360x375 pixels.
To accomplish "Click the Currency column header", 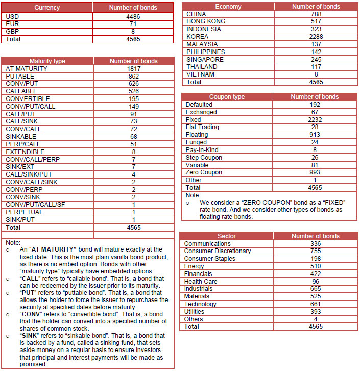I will pos(47,8).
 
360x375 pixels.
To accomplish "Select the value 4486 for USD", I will pos(133,16).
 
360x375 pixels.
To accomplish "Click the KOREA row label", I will pos(197,37).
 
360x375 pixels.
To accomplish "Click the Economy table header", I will pos(228,6).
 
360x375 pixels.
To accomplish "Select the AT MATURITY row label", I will pos(27,68).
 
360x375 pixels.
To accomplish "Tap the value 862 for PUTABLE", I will pos(133,76).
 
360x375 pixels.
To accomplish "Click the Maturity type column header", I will pos(47,61).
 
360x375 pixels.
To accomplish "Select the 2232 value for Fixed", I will pos(315,119).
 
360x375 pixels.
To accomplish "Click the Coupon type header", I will pos(227,96).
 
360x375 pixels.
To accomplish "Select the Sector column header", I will pos(227,236).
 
